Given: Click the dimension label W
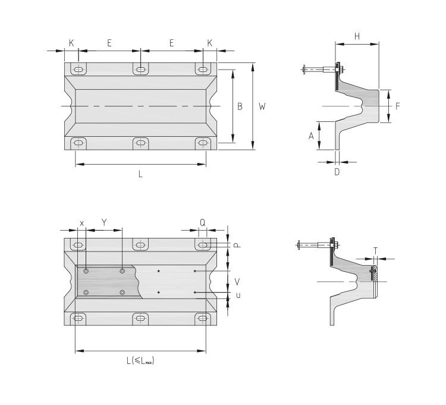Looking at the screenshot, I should coord(262,106).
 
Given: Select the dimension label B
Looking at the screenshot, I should coord(240,106).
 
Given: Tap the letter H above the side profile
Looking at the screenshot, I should coord(357,36).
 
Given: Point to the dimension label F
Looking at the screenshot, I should coord(397,106).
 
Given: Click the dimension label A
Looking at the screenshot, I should coord(311,136).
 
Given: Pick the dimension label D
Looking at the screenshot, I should coord(337,172).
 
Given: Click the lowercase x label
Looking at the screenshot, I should coord(82,222).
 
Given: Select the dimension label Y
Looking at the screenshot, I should coord(104,222).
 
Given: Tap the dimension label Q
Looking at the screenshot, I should coord(203,222).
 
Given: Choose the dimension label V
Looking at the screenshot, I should coord(238,281).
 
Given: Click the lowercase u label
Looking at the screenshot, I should coord(238,295).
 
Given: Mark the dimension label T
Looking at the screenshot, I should coord(375,250).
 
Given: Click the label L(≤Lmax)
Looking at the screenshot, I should coord(140,360).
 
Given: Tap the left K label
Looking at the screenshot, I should coord(71,43).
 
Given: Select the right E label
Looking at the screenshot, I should coord(172,43).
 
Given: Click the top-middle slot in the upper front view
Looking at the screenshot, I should coord(140,70).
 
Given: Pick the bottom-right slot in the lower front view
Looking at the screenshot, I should coord(203,319).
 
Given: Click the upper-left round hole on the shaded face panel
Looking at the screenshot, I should coord(87,271).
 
